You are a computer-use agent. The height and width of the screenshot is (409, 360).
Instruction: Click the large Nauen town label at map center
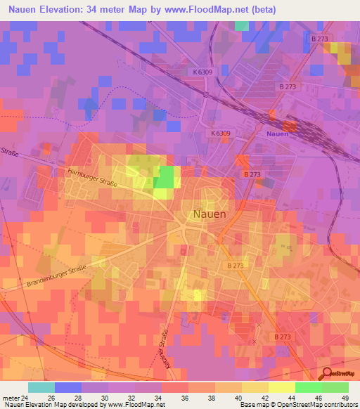pyautogui.click(x=209, y=214)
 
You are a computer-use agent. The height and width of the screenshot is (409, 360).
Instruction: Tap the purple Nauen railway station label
pyautogui.click(x=278, y=133)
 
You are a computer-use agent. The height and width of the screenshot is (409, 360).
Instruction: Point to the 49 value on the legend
pyautogui.click(x=345, y=397)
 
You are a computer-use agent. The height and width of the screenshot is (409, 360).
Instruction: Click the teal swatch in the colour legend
pyautogui.click(x=41, y=387)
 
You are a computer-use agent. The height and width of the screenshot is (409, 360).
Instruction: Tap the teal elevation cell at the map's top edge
pyautogui.click(x=242, y=25)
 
